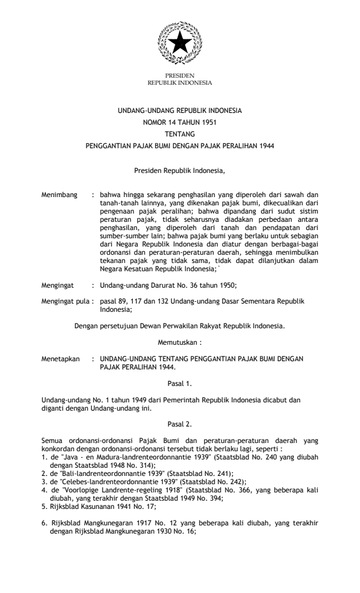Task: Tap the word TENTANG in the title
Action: click(179, 133)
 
